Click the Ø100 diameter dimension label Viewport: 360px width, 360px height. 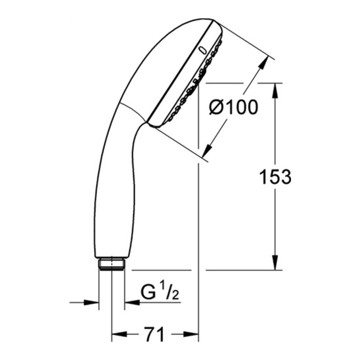click(x=233, y=107)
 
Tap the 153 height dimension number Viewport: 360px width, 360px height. click(x=275, y=177)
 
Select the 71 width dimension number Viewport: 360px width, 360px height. click(x=154, y=334)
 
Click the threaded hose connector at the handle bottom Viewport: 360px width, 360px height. click(x=111, y=264)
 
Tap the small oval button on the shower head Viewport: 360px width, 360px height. click(x=203, y=50)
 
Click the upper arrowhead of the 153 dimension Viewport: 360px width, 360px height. click(x=275, y=90)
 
